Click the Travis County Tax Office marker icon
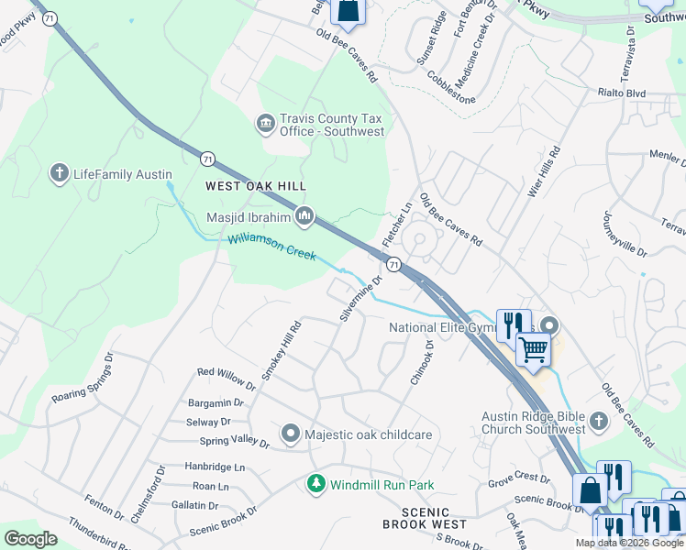tap(265, 123)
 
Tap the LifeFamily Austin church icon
tap(60, 173)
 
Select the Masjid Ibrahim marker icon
tap(304, 216)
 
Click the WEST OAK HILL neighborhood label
tap(255, 185)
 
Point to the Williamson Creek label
tap(271, 247)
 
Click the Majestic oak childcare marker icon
tap(291, 433)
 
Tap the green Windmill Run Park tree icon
tap(316, 483)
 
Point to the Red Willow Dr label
tap(227, 373)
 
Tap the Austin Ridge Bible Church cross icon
tap(598, 421)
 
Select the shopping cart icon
tap(532, 348)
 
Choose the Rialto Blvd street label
tap(623, 93)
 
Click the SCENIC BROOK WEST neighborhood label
tap(425, 519)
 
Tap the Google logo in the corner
tap(31, 538)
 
